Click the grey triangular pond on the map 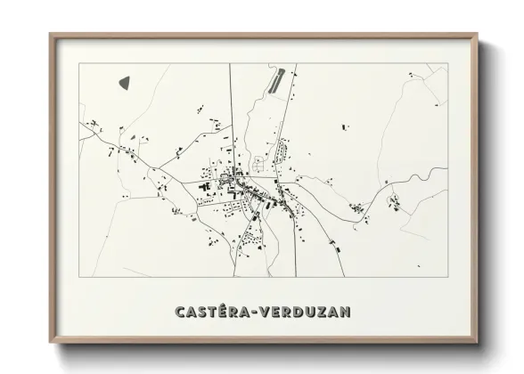[x=125, y=82]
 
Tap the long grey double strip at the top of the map [x=276, y=80]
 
